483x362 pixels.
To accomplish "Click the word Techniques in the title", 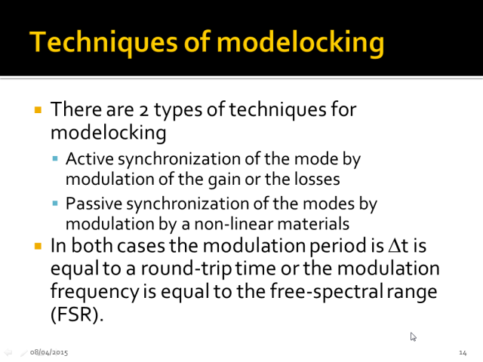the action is pyautogui.click(x=103, y=42).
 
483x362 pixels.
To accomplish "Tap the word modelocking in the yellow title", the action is pyautogui.click(x=300, y=42).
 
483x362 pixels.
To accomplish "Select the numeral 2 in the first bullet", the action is pyautogui.click(x=143, y=111).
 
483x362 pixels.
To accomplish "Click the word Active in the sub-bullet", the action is pyautogui.click(x=90, y=159).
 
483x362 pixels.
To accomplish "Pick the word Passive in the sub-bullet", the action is pyautogui.click(x=94, y=204).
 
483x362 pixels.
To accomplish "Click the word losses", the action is pyautogui.click(x=317, y=179).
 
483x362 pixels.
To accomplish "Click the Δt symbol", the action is pyautogui.click(x=398, y=246).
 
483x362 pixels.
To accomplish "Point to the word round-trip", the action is pyautogui.click(x=186, y=269).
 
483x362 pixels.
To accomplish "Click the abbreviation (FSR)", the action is pyautogui.click(x=77, y=314).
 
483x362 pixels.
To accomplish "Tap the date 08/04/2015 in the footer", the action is pyautogui.click(x=49, y=352).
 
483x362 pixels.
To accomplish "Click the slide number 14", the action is pyautogui.click(x=463, y=353).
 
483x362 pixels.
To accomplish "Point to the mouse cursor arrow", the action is pyautogui.click(x=413, y=337).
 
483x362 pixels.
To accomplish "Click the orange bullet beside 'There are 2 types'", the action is pyautogui.click(x=38, y=110).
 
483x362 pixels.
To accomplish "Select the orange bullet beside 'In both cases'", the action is pyautogui.click(x=38, y=246).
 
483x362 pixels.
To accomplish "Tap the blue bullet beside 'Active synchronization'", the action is pyautogui.click(x=55, y=159).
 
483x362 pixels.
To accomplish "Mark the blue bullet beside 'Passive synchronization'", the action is pyautogui.click(x=55, y=204).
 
